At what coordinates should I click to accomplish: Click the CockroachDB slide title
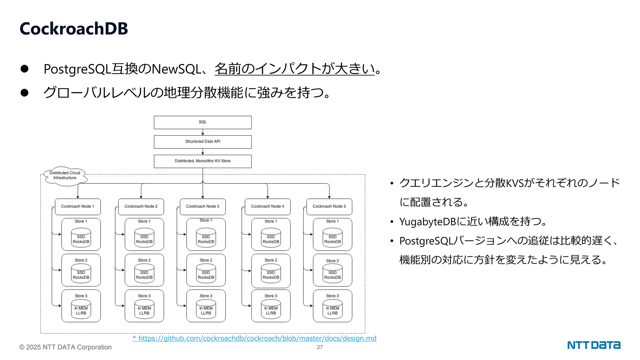click(x=74, y=29)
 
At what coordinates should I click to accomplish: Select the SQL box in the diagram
click(x=202, y=122)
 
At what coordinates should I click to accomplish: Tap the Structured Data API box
click(x=202, y=142)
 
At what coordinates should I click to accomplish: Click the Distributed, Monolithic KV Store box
click(x=202, y=161)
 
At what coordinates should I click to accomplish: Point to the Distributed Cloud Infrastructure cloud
click(x=65, y=176)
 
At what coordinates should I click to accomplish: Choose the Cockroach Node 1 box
click(x=77, y=207)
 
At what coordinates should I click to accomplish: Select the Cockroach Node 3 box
click(x=202, y=207)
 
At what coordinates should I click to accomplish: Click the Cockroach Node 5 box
click(x=329, y=207)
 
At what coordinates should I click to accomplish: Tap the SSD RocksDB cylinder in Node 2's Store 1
click(x=144, y=238)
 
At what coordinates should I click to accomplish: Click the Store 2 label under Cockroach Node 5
click(x=332, y=261)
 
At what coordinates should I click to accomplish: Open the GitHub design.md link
click(x=255, y=338)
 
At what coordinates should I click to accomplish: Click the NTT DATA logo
click(x=593, y=345)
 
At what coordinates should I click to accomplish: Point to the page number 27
click(x=320, y=347)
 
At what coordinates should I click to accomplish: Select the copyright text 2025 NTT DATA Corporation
click(x=66, y=347)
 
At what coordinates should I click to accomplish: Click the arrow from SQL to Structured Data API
click(x=202, y=132)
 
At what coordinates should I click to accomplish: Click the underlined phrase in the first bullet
click(x=294, y=69)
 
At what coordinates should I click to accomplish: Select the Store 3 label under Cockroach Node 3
click(x=206, y=296)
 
